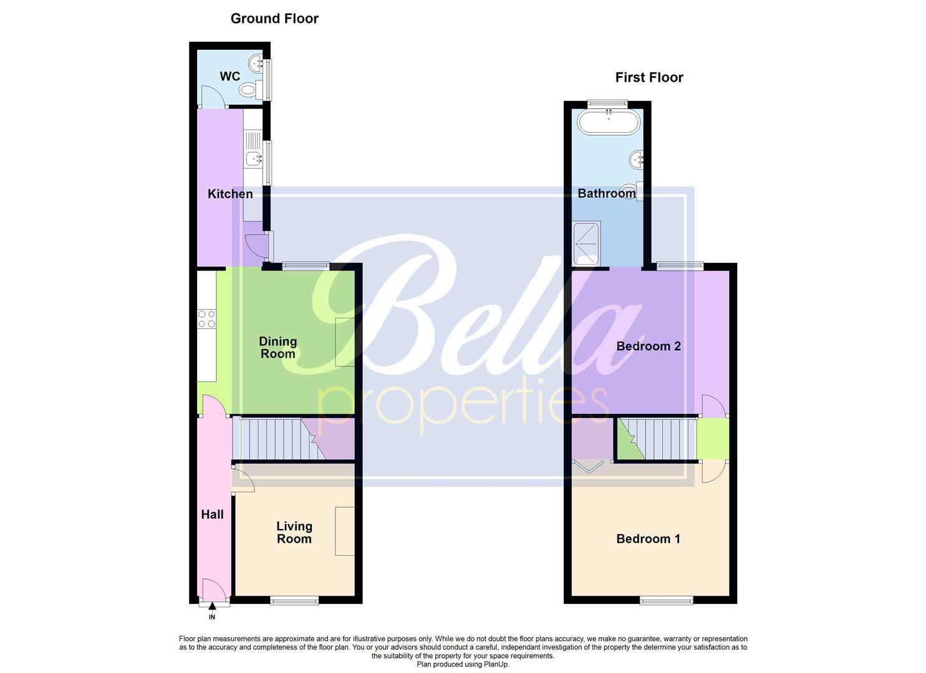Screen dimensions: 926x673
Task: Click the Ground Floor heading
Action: click(x=274, y=19)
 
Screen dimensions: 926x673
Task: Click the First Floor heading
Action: click(x=649, y=77)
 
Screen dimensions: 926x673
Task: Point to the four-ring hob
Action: click(x=206, y=319)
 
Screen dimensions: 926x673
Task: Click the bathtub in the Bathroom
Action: click(x=609, y=122)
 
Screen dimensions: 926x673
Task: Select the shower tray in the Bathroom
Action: click(x=586, y=243)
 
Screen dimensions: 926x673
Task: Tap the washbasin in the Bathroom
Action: click(x=636, y=159)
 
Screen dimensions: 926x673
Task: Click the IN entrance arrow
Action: click(x=212, y=606)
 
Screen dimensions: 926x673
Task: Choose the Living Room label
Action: click(x=294, y=533)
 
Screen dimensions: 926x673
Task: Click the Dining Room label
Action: click(x=278, y=348)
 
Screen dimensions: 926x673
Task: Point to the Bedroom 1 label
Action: click(x=648, y=539)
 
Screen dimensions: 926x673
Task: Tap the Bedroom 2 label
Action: click(x=649, y=346)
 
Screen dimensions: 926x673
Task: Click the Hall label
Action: click(x=212, y=514)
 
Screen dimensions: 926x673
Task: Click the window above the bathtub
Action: click(x=608, y=103)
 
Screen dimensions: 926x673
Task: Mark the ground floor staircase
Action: click(x=294, y=439)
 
